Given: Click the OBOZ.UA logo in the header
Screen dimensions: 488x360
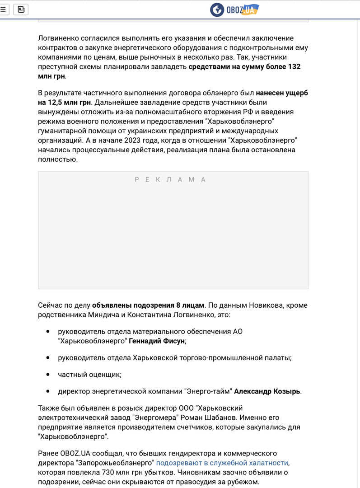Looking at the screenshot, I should [x=234, y=9].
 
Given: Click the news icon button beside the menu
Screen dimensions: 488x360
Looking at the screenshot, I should [x=21, y=9].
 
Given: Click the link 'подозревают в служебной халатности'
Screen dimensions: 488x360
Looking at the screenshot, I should [x=222, y=463].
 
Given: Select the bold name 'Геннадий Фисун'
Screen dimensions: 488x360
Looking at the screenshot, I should [x=157, y=341].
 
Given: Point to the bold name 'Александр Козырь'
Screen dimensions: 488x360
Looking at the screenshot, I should [x=267, y=391].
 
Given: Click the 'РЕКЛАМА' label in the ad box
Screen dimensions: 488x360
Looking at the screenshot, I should [x=170, y=180].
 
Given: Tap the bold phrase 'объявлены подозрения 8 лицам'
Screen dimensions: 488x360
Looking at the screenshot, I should [x=148, y=305].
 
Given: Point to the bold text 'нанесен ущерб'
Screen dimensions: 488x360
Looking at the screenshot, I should [x=282, y=93].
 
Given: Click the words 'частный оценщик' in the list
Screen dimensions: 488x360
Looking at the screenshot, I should [x=89, y=375].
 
